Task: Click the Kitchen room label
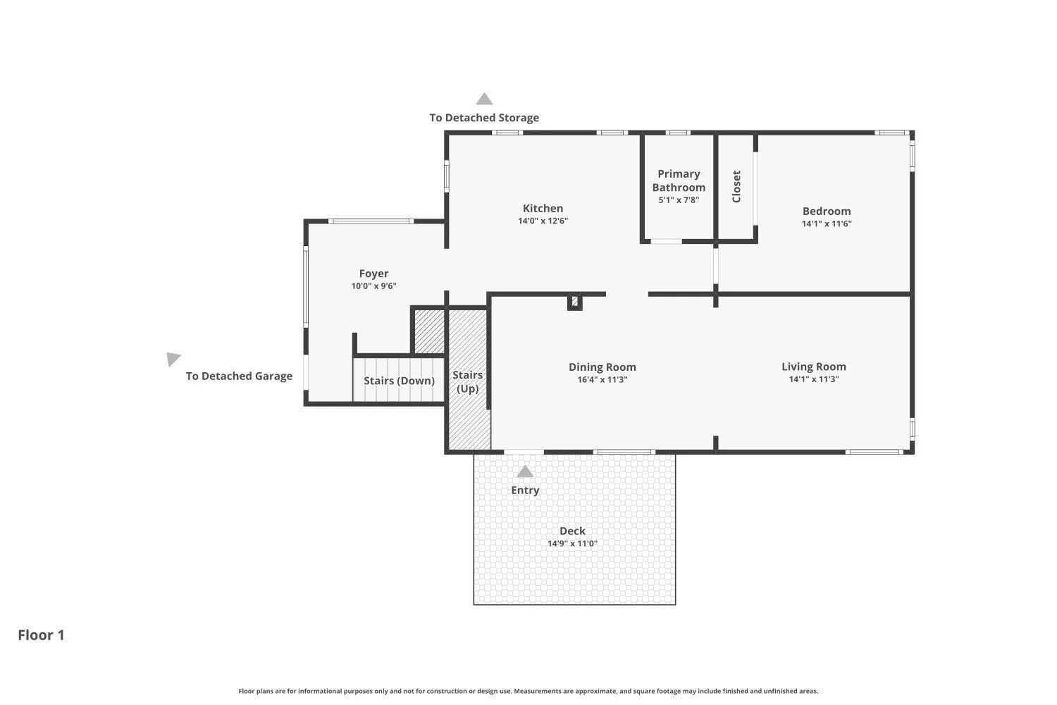543,208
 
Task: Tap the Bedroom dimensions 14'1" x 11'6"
827,223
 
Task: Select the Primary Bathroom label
679,180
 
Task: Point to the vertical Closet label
736,187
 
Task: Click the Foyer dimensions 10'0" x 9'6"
373,286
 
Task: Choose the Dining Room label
602,367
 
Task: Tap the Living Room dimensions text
814,379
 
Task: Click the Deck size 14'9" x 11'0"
572,543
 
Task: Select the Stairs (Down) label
400,381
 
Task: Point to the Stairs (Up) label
468,381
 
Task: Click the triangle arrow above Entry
525,471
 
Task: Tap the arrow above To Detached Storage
484,99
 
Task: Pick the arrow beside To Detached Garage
173,358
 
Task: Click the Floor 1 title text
41,634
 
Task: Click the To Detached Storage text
484,118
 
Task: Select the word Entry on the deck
525,490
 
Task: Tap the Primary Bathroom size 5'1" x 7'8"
679,200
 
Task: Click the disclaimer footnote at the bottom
528,691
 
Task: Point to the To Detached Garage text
239,376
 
